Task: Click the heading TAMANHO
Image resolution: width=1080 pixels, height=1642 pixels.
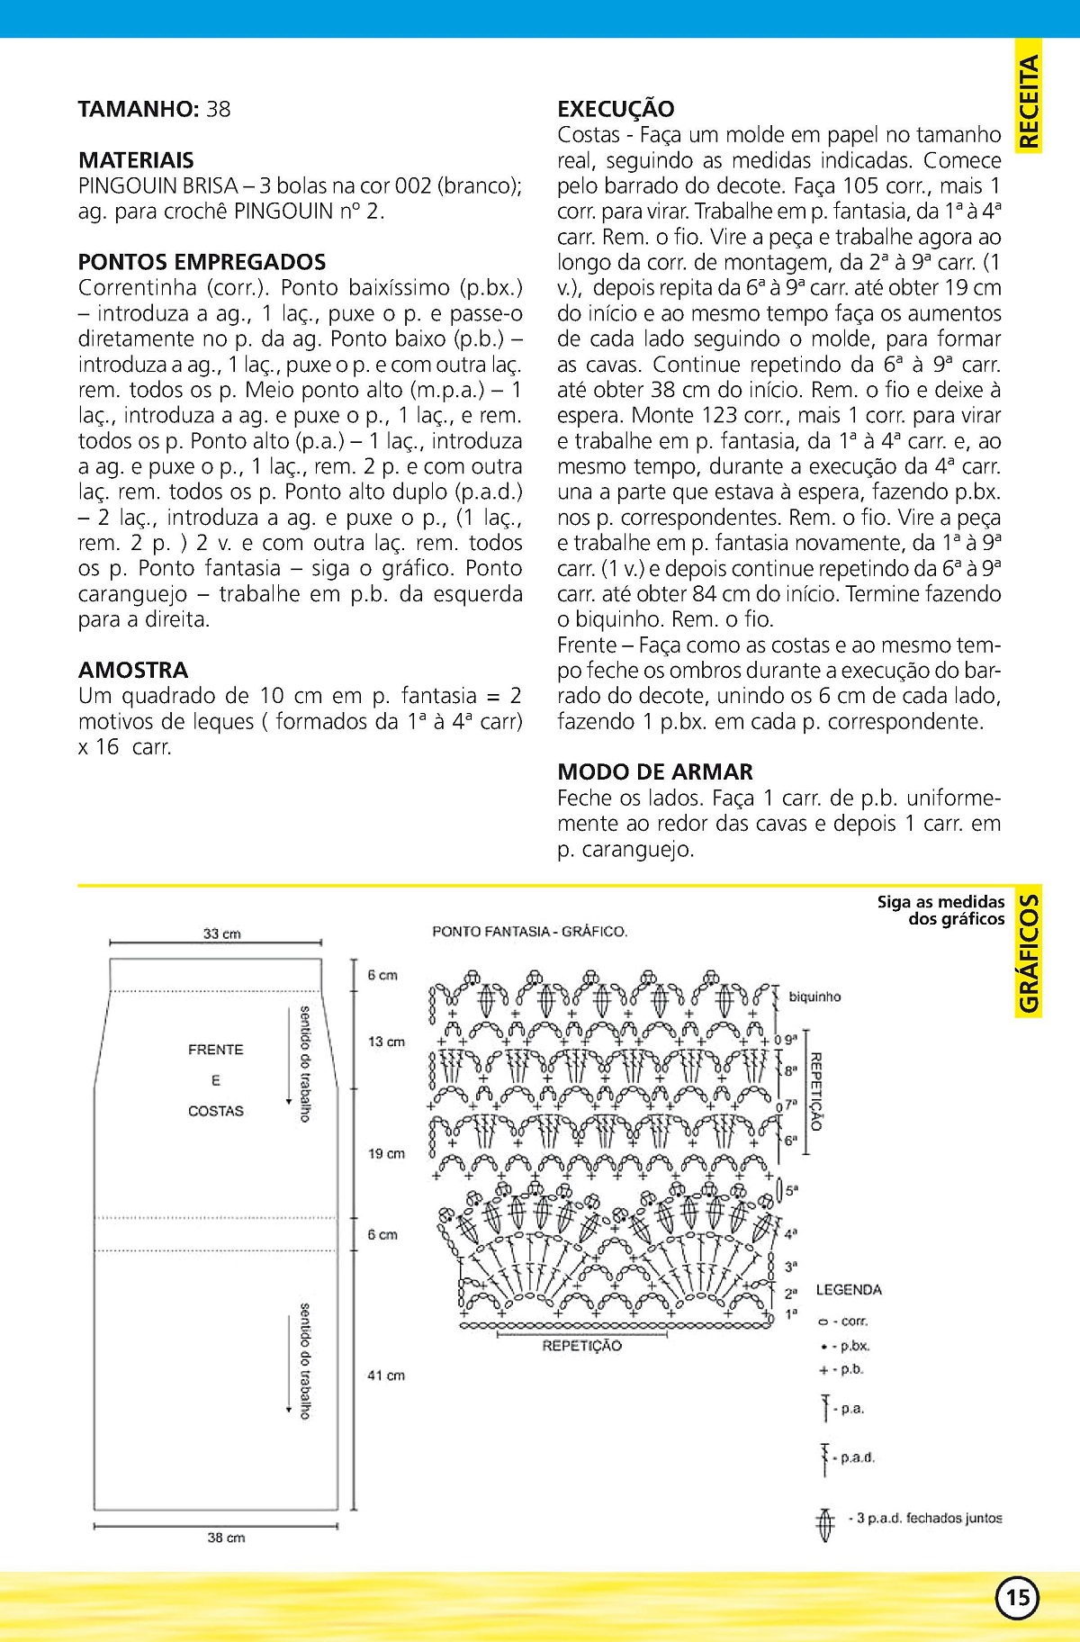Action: click(138, 110)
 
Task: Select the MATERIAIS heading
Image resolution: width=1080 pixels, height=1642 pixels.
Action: click(136, 160)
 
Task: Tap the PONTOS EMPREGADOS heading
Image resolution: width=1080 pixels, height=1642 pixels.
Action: click(202, 262)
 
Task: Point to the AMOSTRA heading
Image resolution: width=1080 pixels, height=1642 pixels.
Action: click(133, 670)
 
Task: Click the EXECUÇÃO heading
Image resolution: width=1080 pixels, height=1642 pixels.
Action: click(616, 109)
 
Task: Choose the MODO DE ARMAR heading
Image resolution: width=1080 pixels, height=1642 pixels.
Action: click(654, 771)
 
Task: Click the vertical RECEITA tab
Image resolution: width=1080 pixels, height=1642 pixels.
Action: click(1029, 101)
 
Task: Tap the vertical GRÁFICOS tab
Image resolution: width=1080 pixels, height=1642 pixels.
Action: click(1029, 953)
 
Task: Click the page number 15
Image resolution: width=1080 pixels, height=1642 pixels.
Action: click(1017, 1597)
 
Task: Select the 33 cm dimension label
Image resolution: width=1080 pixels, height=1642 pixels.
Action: click(221, 934)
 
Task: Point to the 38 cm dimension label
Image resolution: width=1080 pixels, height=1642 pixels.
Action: click(226, 1538)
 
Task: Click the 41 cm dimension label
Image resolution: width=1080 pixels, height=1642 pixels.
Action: click(386, 1375)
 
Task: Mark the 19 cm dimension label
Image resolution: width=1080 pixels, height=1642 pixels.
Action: click(386, 1153)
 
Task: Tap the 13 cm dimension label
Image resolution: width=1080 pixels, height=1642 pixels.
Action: click(386, 1042)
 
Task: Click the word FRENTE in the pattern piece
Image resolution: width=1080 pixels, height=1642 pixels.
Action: click(216, 1050)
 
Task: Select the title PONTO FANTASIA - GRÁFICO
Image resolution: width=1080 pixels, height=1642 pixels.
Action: click(529, 931)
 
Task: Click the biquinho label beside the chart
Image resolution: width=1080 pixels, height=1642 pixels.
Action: click(814, 997)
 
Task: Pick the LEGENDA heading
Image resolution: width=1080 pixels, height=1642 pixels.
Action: click(849, 1290)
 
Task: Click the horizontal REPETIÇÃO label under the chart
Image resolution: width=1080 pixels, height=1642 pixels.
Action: click(581, 1346)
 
